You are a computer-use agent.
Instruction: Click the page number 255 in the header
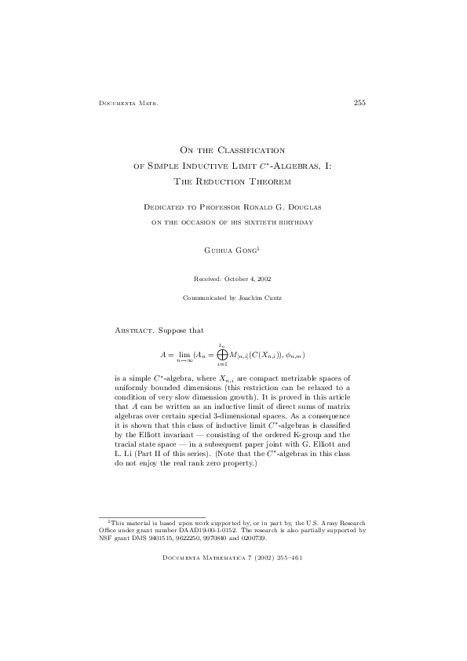click(x=360, y=102)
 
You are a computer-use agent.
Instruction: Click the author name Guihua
click(x=218, y=251)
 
